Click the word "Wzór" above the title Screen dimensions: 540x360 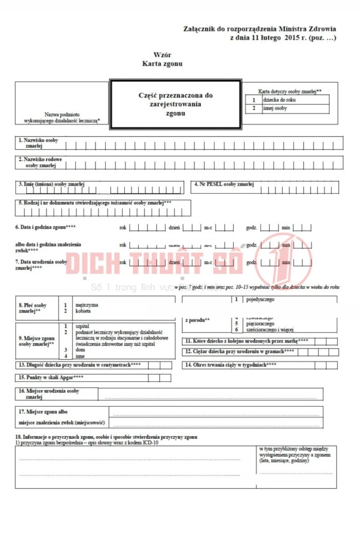tap(162, 55)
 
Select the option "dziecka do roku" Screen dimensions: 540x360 tap(279, 100)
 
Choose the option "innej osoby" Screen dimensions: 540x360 tap(275, 108)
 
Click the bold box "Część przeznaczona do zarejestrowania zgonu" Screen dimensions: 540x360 tap(175, 104)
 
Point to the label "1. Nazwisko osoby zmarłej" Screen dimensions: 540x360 tap(38, 143)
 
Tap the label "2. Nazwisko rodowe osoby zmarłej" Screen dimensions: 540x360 tap(40, 162)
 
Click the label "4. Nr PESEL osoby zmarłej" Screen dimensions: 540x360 tap(224, 184)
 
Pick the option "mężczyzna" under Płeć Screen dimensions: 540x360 tap(87, 305)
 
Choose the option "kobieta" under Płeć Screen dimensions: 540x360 tap(84, 310)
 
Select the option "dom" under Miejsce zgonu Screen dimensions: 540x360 tap(81, 350)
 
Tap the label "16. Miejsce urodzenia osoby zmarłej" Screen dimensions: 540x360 tap(49, 394)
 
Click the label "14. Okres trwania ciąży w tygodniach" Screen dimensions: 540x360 tap(230, 364)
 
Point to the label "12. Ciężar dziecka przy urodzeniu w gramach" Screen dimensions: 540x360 tap(239, 351)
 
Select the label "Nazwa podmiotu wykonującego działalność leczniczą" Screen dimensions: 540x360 tap(62, 117)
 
